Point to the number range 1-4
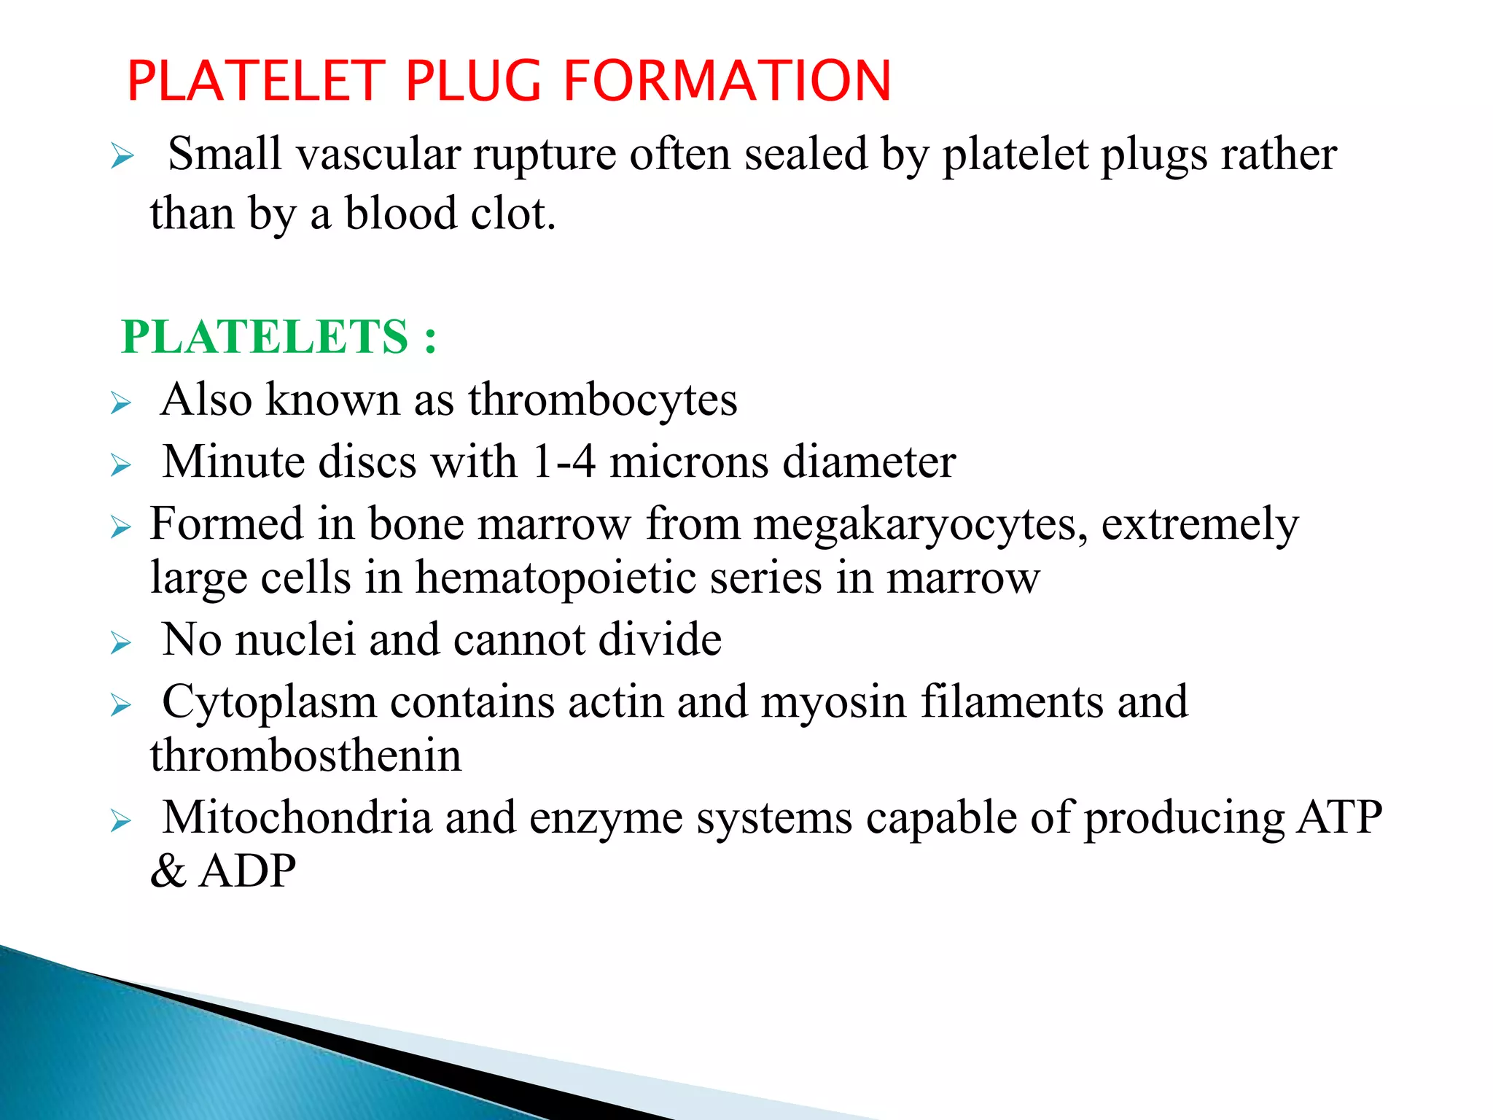(x=564, y=462)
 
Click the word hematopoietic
(x=556, y=578)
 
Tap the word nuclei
(x=296, y=639)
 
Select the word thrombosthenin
(x=305, y=755)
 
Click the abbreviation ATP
(x=1340, y=817)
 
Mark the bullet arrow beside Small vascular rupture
(x=122, y=157)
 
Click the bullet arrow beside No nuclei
(x=121, y=643)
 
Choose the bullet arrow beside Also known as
(x=121, y=403)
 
